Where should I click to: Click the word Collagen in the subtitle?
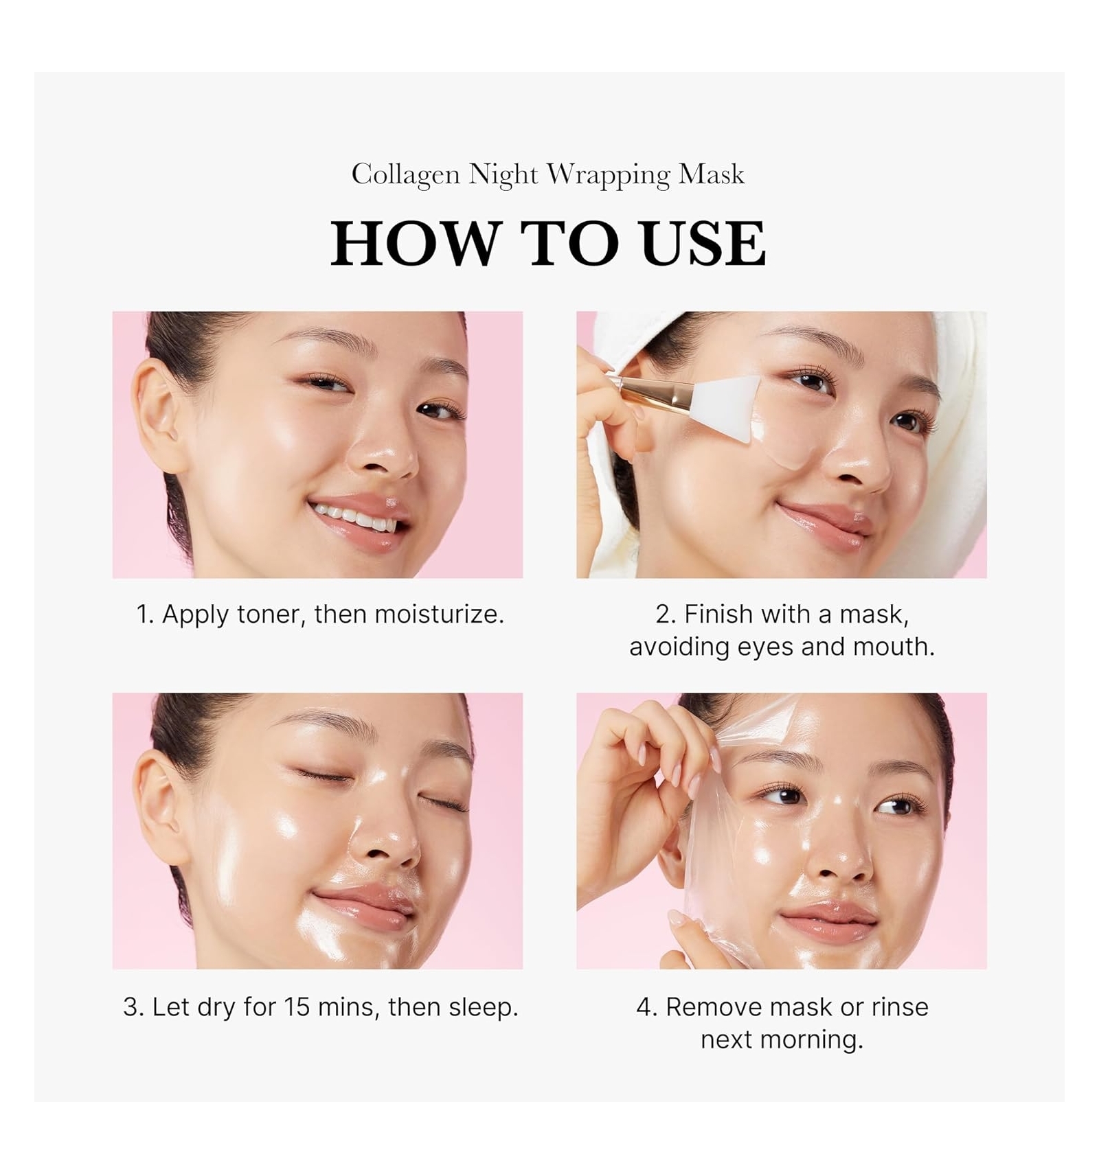coord(405,175)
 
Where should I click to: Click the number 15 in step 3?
coord(297,1006)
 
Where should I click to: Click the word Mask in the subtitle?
coord(712,174)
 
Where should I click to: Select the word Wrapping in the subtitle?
coord(609,175)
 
